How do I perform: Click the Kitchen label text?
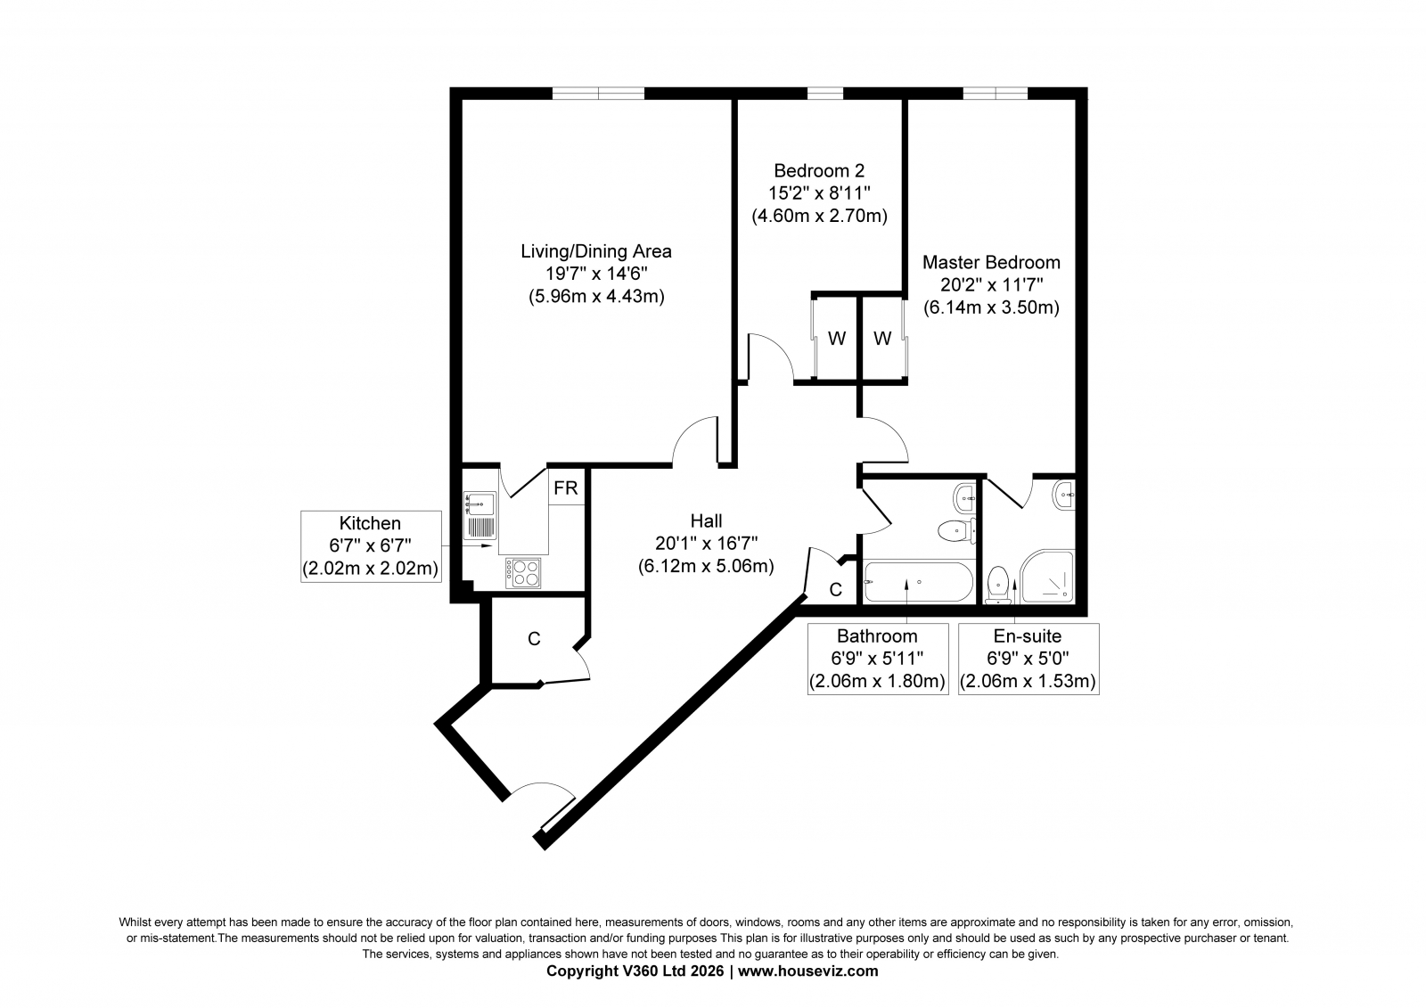coord(370,523)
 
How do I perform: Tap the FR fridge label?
coord(565,488)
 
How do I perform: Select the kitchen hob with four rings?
coord(523,573)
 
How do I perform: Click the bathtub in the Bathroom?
coord(918,581)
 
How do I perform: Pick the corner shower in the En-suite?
coord(1047,577)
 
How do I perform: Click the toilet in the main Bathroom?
coord(957,530)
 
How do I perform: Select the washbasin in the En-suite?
coord(1064,495)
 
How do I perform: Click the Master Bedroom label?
coord(991,262)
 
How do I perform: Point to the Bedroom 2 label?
coord(819,170)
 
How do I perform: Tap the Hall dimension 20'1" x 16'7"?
coord(706,544)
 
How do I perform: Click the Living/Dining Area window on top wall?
coord(598,94)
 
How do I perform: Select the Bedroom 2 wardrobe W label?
coord(837,339)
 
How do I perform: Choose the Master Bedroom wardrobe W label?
coord(882,339)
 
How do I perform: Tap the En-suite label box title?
coord(1028,636)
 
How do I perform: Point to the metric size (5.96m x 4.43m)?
coord(596,297)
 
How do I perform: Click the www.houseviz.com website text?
coord(807,971)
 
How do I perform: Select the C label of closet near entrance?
coord(534,639)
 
